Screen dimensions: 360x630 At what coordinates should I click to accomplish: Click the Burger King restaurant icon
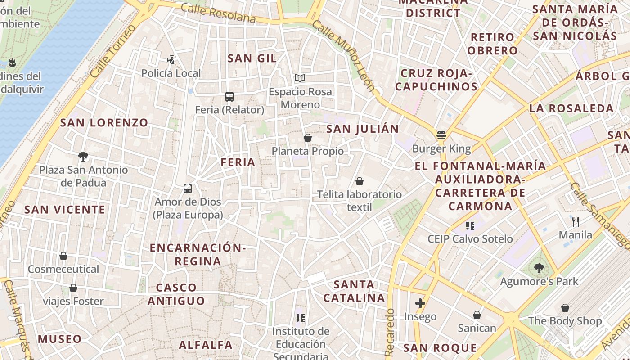(441, 135)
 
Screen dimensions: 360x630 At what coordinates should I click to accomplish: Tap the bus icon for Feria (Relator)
(229, 96)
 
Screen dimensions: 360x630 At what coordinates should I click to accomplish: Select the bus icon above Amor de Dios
(188, 189)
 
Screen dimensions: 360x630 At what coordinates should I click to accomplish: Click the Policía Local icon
(171, 59)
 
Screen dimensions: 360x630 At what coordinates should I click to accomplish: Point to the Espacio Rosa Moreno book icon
(300, 78)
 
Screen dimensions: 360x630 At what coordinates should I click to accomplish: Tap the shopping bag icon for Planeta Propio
(308, 138)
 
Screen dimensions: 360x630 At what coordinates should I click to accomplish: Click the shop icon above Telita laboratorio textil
(359, 181)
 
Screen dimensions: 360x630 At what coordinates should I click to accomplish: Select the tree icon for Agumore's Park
(539, 268)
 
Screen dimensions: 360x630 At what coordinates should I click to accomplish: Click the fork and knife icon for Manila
(575, 221)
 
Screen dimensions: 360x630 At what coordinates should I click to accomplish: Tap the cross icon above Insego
(420, 303)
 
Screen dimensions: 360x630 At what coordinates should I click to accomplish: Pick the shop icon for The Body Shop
(565, 308)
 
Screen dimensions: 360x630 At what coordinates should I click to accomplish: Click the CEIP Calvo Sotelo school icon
(470, 225)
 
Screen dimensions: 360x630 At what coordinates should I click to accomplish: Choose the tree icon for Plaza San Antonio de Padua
(83, 157)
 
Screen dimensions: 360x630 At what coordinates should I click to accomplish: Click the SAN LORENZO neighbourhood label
(104, 122)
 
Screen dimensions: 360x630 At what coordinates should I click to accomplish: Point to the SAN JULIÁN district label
(363, 129)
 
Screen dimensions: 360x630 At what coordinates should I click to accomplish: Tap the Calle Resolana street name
(218, 13)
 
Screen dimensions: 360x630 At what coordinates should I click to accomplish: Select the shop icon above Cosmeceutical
(63, 256)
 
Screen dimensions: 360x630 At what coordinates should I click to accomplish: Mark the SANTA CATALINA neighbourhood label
(355, 291)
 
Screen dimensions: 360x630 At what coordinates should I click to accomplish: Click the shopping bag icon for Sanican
(477, 315)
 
